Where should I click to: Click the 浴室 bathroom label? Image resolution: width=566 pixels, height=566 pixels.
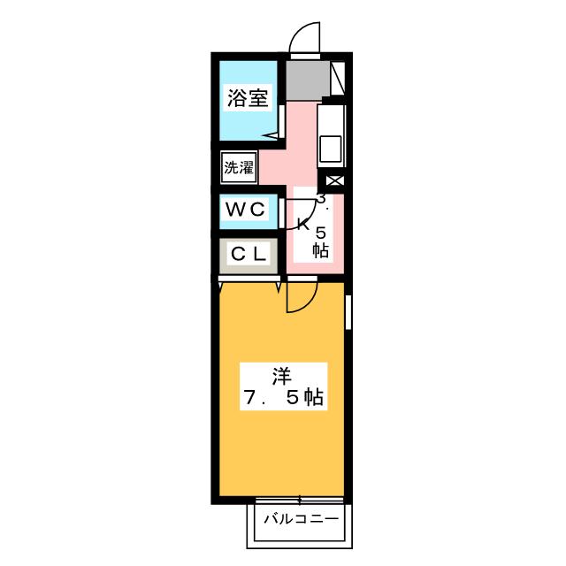(248, 97)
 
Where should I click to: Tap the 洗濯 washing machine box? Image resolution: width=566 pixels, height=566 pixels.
(239, 167)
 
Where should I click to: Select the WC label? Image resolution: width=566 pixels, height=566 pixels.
(246, 209)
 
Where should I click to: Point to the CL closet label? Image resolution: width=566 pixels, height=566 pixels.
(249, 254)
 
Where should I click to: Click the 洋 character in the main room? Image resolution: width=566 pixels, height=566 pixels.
(282, 376)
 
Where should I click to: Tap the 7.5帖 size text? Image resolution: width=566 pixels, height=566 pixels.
(283, 397)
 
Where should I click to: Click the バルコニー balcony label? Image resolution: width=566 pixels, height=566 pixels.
(302, 519)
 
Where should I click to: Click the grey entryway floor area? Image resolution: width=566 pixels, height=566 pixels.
(308, 80)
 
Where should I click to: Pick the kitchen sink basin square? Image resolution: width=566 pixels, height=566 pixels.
(330, 149)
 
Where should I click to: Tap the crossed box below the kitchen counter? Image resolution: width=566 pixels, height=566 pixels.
(335, 180)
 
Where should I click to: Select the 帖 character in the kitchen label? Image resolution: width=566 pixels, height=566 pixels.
(320, 250)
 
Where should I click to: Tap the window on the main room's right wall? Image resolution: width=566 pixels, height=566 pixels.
(348, 312)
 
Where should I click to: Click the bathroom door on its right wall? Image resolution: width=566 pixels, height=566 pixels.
(281, 121)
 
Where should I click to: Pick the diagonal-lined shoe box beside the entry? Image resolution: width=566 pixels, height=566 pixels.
(338, 79)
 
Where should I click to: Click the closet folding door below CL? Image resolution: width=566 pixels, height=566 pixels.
(249, 279)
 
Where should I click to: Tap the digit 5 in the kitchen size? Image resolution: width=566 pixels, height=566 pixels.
(321, 233)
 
